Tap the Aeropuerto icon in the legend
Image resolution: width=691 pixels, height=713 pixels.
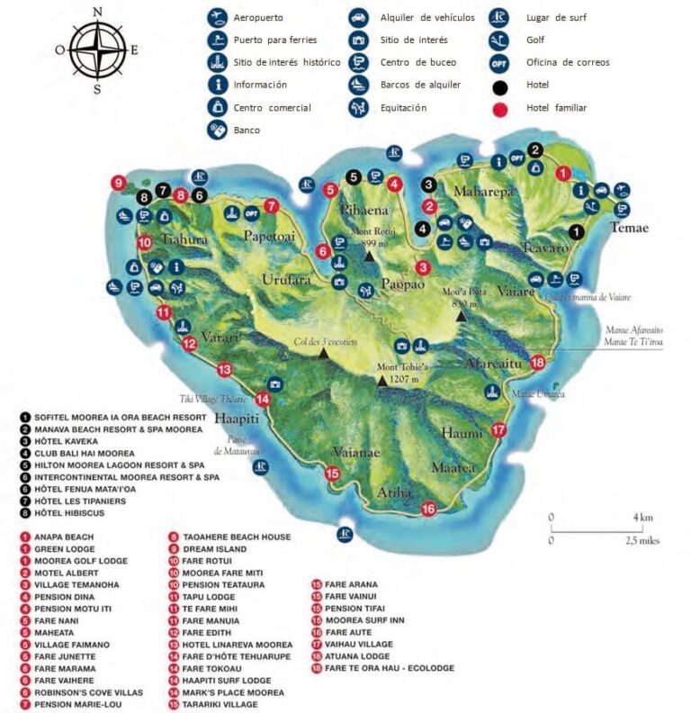point(216,17)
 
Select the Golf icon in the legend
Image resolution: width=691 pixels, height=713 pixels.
point(500,40)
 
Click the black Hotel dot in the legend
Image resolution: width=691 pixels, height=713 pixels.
point(500,85)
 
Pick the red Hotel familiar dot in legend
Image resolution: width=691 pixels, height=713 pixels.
point(500,107)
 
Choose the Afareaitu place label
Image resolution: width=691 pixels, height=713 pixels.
point(493,364)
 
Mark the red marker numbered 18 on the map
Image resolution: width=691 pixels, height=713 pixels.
point(538,363)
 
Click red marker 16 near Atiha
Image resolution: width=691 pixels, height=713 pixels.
point(429,510)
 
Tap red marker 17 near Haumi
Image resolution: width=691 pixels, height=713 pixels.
point(499,430)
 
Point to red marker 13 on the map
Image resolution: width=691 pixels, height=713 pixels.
point(224,368)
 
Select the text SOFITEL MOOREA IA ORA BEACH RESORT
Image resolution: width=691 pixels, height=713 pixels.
point(121,418)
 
